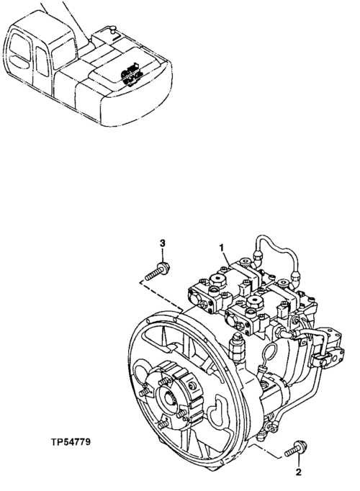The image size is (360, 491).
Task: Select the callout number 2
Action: click(x=297, y=473)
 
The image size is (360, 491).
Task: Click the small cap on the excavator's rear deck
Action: click(x=112, y=30)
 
